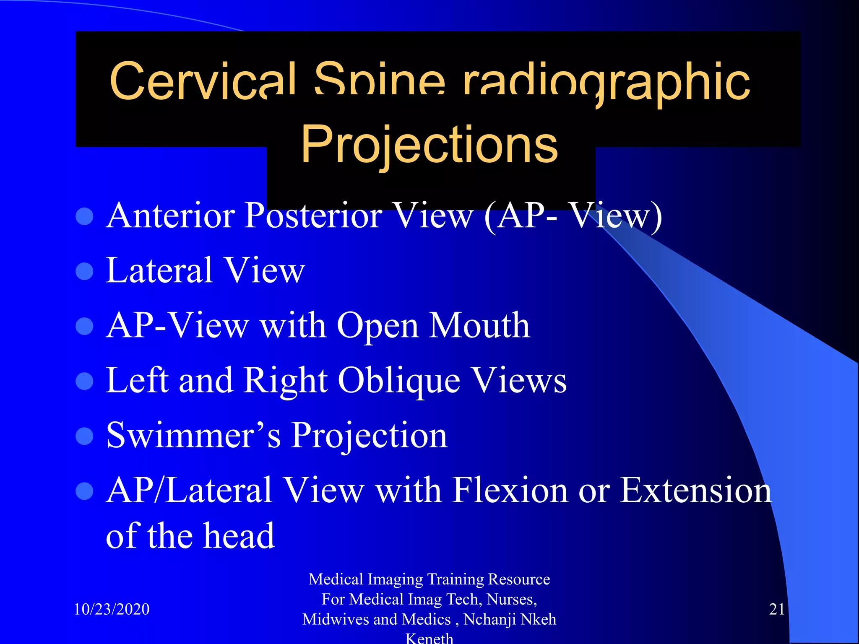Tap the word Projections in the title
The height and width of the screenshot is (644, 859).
point(429,145)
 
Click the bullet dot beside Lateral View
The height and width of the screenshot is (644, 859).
point(85,271)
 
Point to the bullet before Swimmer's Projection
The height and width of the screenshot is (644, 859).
point(85,436)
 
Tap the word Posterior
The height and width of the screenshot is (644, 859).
point(313,216)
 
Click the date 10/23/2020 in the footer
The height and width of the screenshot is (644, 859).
point(112,609)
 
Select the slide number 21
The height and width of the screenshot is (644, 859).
point(776,609)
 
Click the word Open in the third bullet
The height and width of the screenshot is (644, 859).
point(378,326)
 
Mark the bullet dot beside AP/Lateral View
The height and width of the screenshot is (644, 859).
point(85,491)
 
